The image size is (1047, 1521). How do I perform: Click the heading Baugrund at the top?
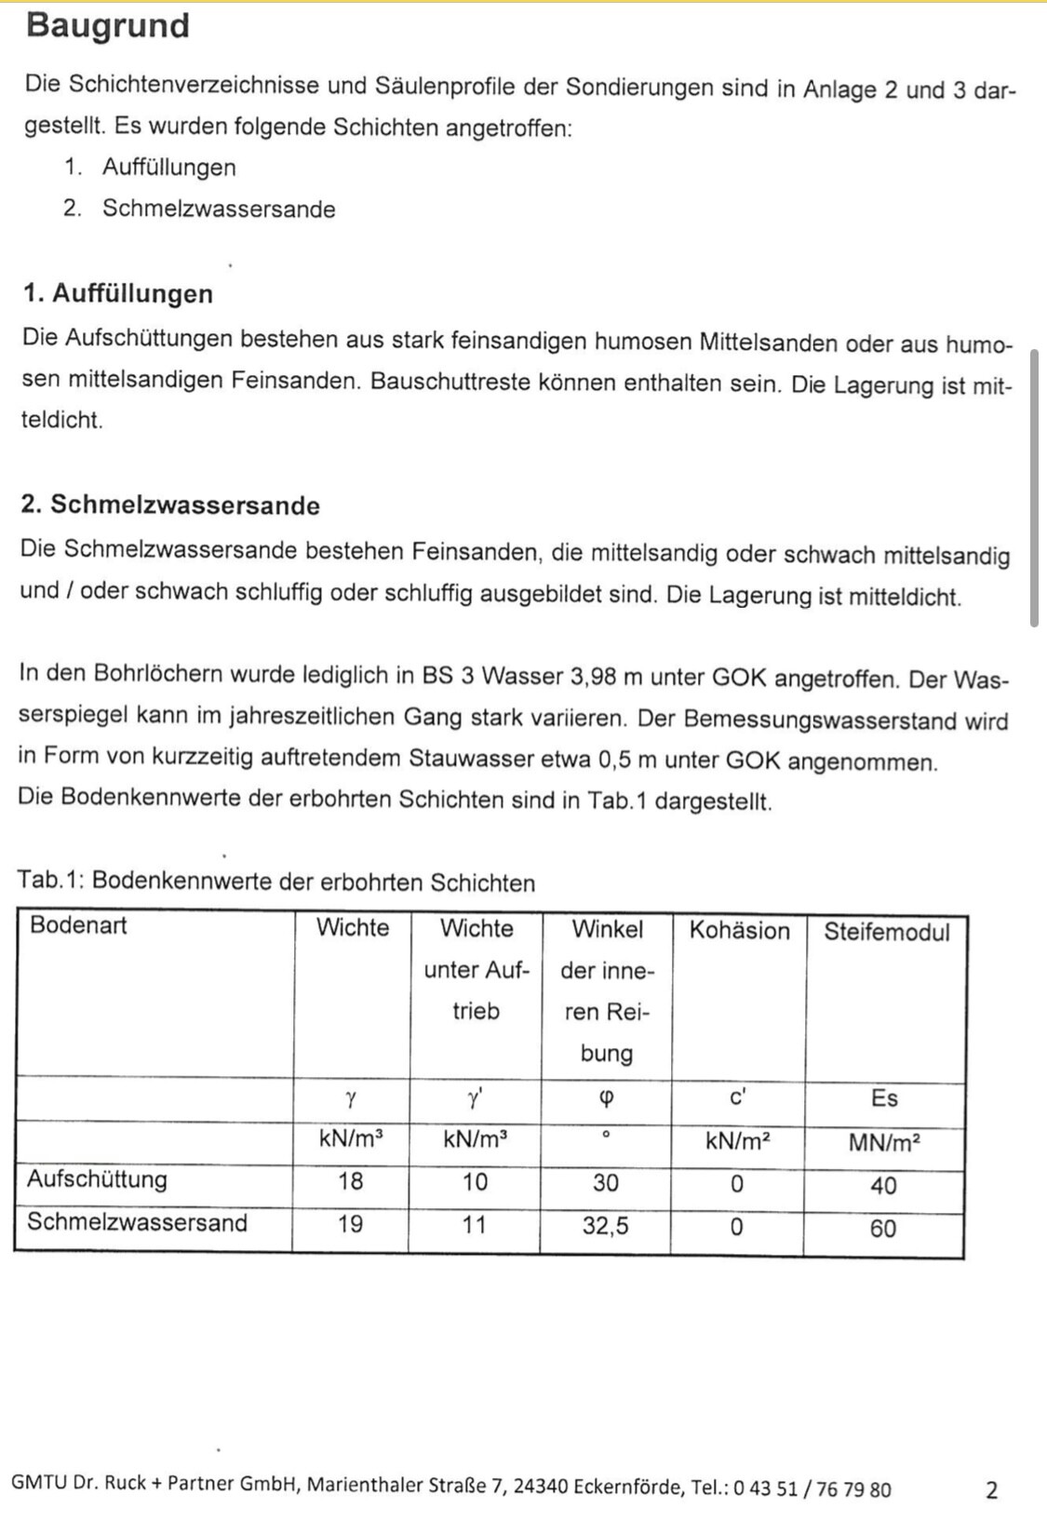point(108,25)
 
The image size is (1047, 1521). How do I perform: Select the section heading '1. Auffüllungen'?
point(118,293)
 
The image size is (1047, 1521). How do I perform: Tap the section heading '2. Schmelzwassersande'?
point(170,505)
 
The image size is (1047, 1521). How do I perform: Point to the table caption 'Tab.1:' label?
point(51,881)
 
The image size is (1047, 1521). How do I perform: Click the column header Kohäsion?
point(739,931)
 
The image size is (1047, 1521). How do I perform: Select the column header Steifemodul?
point(886,932)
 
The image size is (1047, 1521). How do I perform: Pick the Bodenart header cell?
point(78,925)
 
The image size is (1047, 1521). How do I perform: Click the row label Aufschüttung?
point(97,1179)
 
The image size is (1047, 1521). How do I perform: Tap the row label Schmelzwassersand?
point(137,1222)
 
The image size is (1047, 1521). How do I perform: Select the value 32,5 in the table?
point(606,1226)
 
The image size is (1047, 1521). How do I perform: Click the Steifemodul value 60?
point(883,1229)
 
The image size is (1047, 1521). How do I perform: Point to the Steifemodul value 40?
point(883,1186)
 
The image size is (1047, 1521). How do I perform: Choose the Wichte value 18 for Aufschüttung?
point(351,1181)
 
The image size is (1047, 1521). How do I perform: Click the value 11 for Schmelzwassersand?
point(475,1225)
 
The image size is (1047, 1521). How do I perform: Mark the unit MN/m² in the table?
point(884,1143)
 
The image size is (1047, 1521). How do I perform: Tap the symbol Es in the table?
point(884,1098)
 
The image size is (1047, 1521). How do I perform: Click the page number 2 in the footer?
point(991,1490)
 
